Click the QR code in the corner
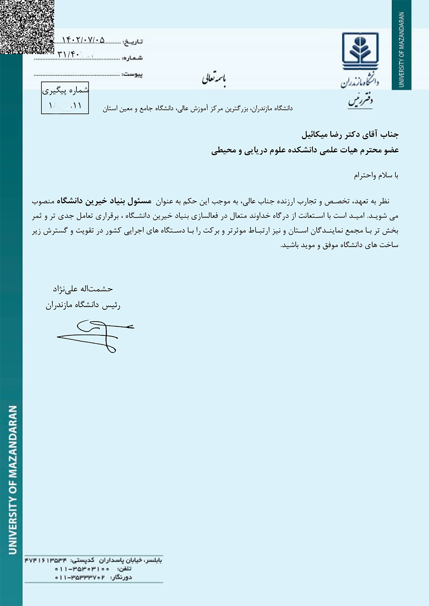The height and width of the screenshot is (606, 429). (x=27, y=27)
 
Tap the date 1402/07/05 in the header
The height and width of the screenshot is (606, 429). (x=83, y=40)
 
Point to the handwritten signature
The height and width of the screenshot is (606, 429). (x=95, y=335)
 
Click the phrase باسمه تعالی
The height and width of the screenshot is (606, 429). (x=214, y=79)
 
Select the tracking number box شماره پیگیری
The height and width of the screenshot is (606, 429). (x=65, y=98)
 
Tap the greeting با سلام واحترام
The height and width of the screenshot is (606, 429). (x=376, y=175)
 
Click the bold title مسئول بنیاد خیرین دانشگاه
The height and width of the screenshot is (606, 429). (x=104, y=201)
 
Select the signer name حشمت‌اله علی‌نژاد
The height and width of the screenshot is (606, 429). (x=83, y=289)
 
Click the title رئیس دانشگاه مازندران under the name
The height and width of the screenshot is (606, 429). (x=83, y=305)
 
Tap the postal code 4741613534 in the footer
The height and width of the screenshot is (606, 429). (x=46, y=560)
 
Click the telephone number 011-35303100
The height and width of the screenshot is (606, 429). (x=82, y=569)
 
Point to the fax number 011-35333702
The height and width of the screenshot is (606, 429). (x=80, y=577)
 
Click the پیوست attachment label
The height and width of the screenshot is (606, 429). (x=133, y=75)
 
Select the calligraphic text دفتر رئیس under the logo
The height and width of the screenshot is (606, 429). (x=360, y=101)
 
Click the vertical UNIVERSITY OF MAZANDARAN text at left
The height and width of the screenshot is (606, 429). (x=13, y=480)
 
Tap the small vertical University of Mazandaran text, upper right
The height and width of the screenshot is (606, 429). (x=402, y=49)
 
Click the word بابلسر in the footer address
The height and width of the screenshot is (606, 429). (x=153, y=560)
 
